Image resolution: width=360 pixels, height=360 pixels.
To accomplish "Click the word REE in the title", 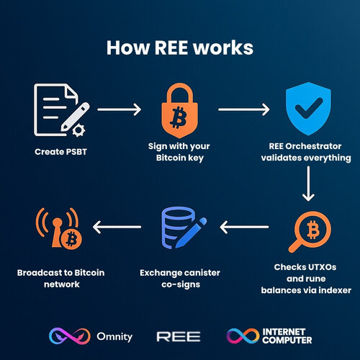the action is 171,48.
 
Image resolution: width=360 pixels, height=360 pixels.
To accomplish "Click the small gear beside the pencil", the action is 78,130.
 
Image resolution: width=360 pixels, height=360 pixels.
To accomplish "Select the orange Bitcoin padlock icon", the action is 180,110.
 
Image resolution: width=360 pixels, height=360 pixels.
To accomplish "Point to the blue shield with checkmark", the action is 308,109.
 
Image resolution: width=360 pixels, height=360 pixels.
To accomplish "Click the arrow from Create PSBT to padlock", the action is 120,109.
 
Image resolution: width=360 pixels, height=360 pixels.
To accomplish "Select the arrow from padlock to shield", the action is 244,109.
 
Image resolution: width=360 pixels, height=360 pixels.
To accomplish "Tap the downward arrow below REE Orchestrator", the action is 308,184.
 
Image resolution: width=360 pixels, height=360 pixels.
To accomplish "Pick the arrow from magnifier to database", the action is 244,227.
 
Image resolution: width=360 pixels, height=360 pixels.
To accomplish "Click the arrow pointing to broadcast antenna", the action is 117,227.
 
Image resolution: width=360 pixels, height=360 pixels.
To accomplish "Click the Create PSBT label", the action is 60,152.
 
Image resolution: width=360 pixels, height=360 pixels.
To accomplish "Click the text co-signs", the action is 181,284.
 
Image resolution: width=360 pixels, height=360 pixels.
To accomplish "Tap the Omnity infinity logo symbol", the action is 70,336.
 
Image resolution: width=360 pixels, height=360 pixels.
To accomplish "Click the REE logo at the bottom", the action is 179,336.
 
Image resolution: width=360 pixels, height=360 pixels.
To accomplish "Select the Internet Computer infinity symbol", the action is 243,336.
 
